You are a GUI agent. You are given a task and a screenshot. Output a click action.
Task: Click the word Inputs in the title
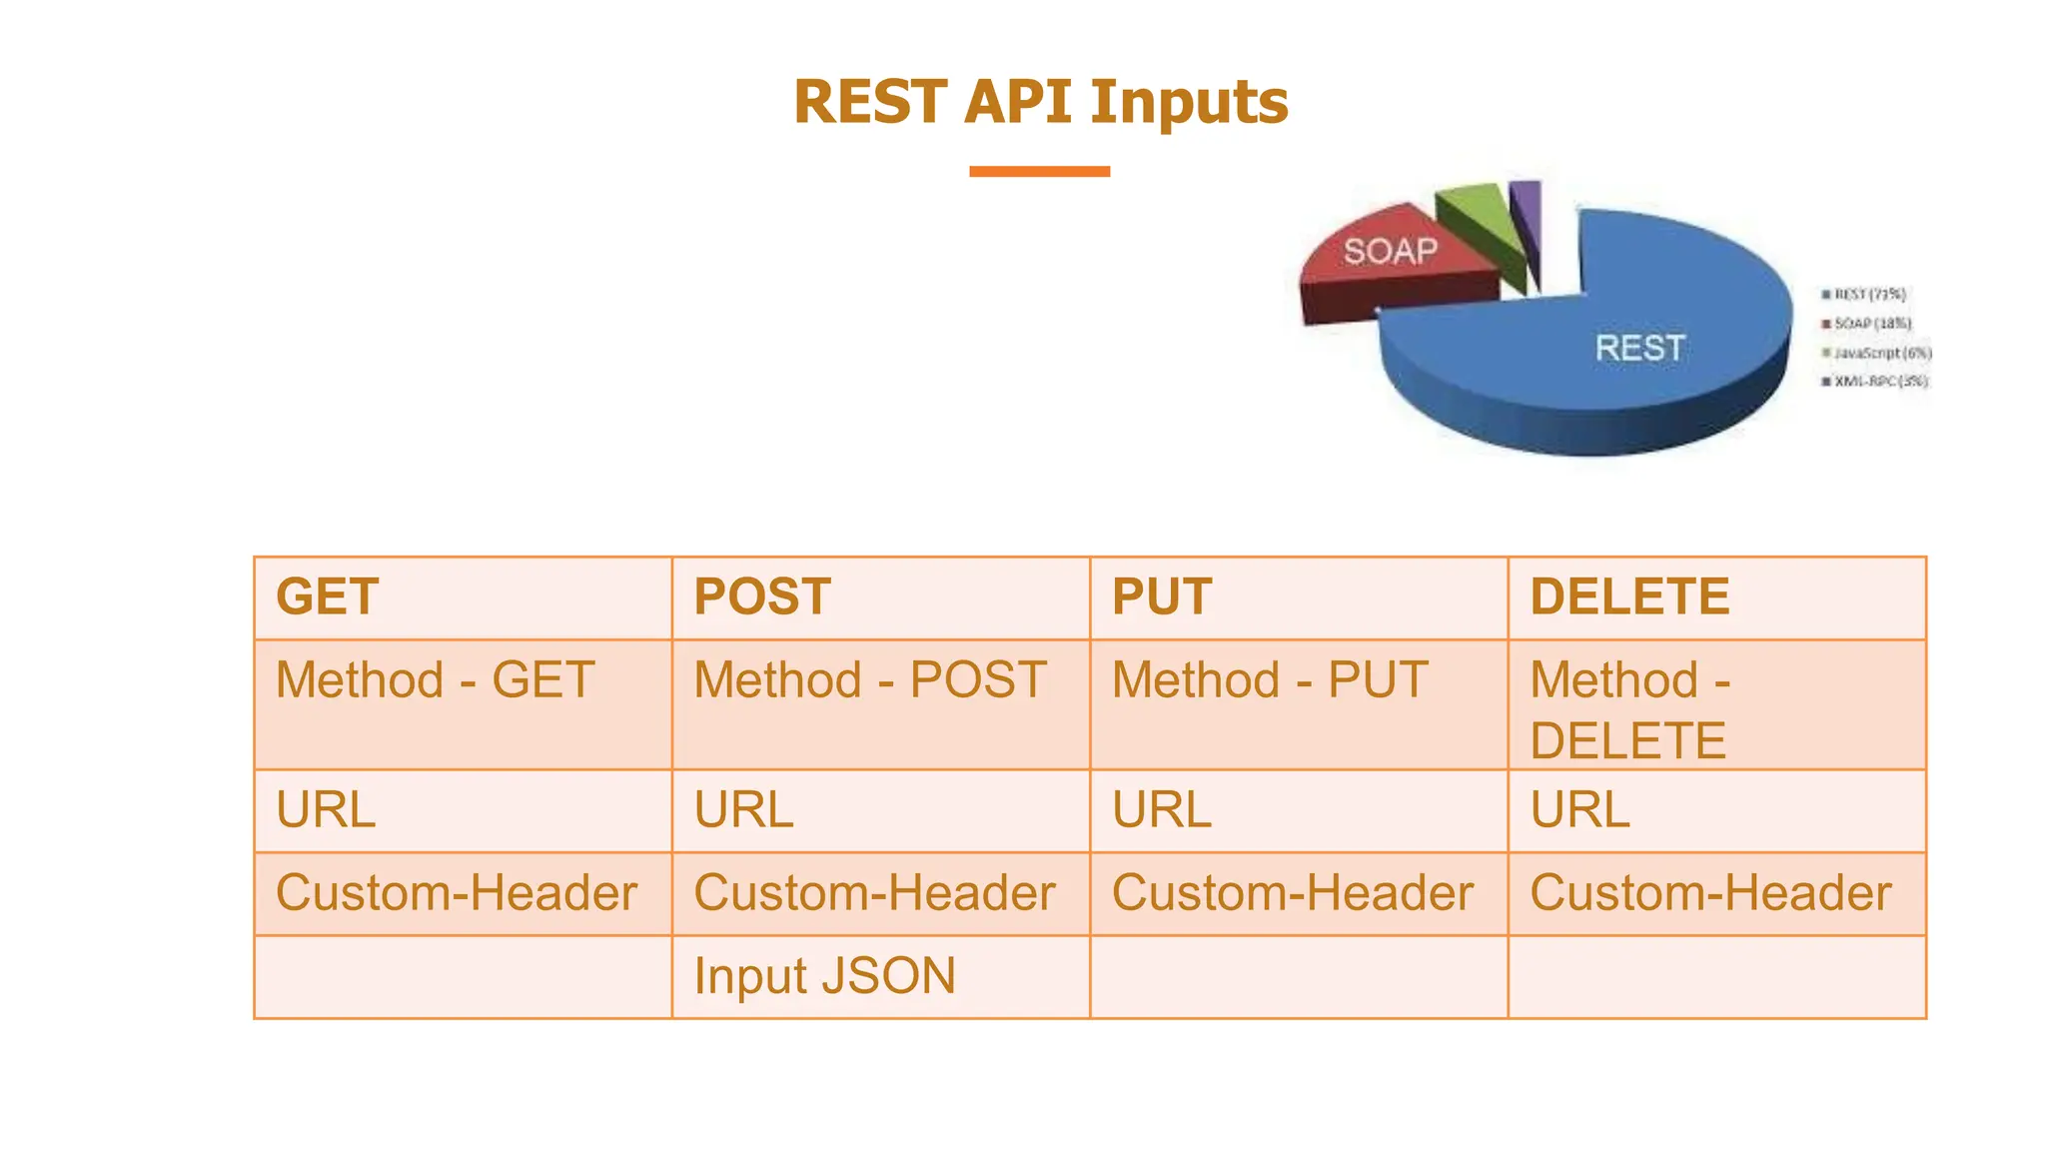tap(1188, 103)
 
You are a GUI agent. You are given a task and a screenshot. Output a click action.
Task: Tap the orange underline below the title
tap(1039, 172)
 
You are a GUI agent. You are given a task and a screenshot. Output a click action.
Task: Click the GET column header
tap(328, 597)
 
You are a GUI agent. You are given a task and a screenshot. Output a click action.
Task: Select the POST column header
tap(762, 597)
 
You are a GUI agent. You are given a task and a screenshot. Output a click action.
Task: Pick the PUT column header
tap(1162, 597)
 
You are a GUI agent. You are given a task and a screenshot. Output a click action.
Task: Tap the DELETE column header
tap(1629, 597)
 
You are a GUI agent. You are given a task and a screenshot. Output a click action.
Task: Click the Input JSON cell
tap(824, 976)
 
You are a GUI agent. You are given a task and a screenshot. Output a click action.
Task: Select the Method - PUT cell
tap(1270, 681)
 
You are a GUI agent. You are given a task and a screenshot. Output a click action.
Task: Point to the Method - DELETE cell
tap(1629, 709)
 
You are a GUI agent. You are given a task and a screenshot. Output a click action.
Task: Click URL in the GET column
tap(326, 810)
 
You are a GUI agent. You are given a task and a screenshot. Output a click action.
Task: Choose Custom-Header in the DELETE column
tap(1710, 893)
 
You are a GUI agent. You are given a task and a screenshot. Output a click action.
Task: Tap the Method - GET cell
tap(435, 681)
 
